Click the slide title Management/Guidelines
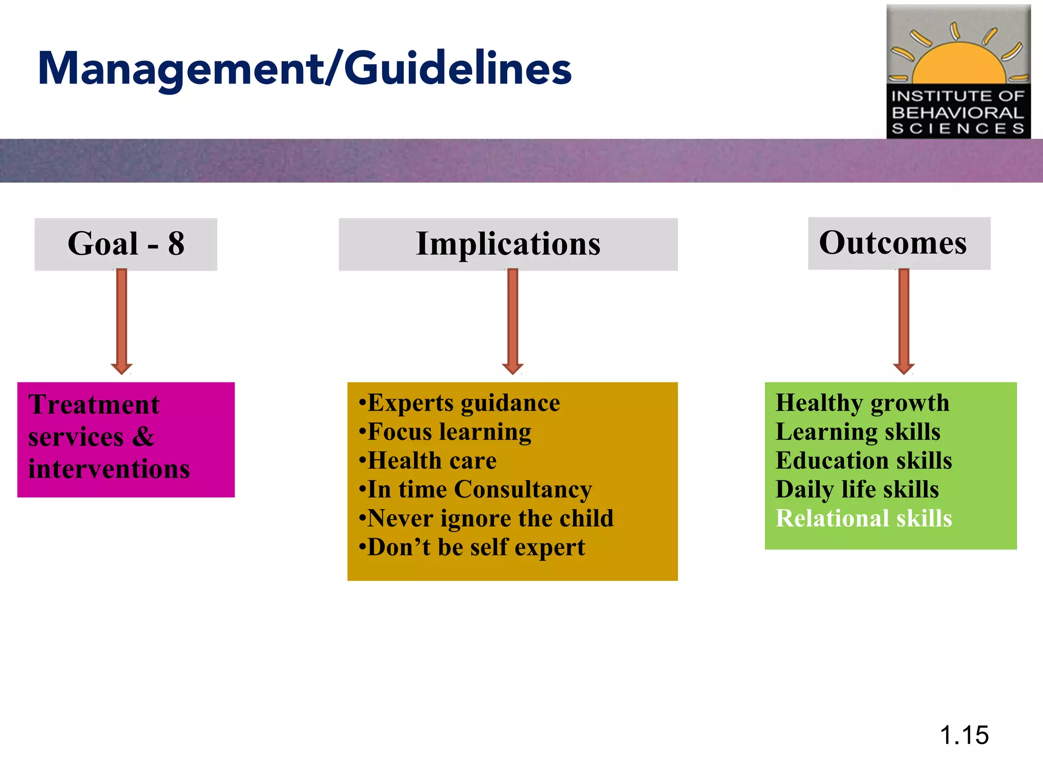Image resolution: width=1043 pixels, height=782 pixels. pos(305,69)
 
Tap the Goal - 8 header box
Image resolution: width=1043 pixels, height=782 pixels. pos(126,244)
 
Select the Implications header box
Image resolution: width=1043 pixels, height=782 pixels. pos(508,244)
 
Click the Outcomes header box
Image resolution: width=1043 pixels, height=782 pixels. pos(899,243)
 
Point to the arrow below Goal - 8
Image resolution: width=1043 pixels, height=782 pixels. pos(122,321)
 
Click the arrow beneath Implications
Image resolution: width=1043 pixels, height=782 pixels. pos(513,321)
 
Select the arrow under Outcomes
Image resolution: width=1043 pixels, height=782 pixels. pos(904,321)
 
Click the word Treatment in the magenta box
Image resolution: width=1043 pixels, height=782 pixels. pos(94,405)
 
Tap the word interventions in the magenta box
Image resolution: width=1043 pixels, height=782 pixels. pos(109,469)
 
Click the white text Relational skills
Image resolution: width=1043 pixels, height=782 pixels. pos(864,519)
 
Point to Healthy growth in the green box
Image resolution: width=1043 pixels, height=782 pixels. pos(862,403)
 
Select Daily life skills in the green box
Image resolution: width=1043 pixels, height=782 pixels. pos(857,490)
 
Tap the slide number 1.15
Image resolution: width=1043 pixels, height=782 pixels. pos(964,735)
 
